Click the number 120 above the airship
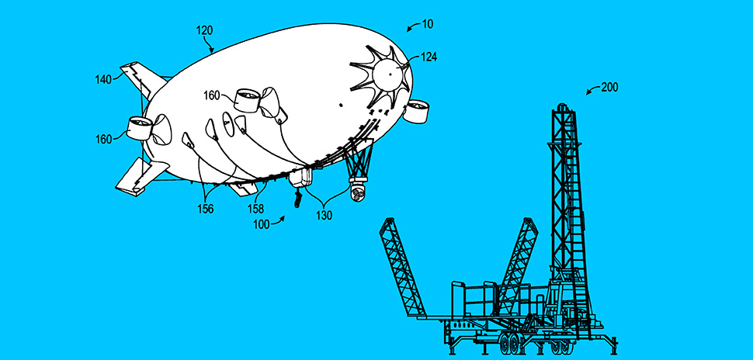[205, 31]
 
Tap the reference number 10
[428, 24]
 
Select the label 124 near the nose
[429, 57]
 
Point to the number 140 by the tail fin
[103, 79]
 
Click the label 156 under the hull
[206, 209]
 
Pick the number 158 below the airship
[255, 209]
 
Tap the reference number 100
[262, 224]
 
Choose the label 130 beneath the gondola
[324, 216]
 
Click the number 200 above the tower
[610, 88]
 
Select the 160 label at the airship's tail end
[103, 139]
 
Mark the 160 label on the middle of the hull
[211, 96]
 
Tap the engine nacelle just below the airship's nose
[416, 111]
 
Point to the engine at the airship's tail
[139, 128]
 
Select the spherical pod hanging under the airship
[358, 193]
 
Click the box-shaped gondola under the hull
[300, 177]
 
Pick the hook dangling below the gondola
[298, 198]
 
